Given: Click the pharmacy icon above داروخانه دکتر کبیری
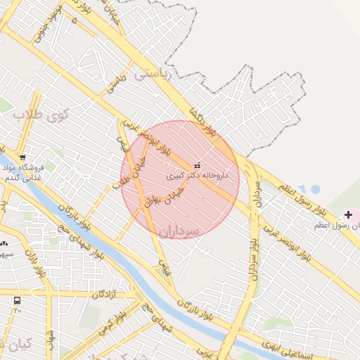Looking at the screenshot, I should tap(196, 165).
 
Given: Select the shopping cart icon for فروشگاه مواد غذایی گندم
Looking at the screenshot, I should tap(23, 157).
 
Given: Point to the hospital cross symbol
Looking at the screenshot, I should tap(349, 214).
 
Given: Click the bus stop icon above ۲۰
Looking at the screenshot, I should tap(17, 300).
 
